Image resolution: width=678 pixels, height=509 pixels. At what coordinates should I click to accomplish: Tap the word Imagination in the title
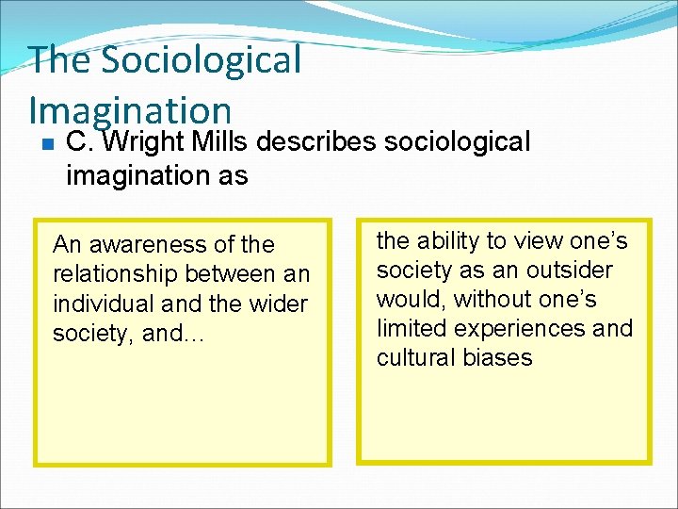tap(130, 109)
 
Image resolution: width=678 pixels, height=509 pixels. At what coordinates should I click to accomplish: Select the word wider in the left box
tap(279, 304)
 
